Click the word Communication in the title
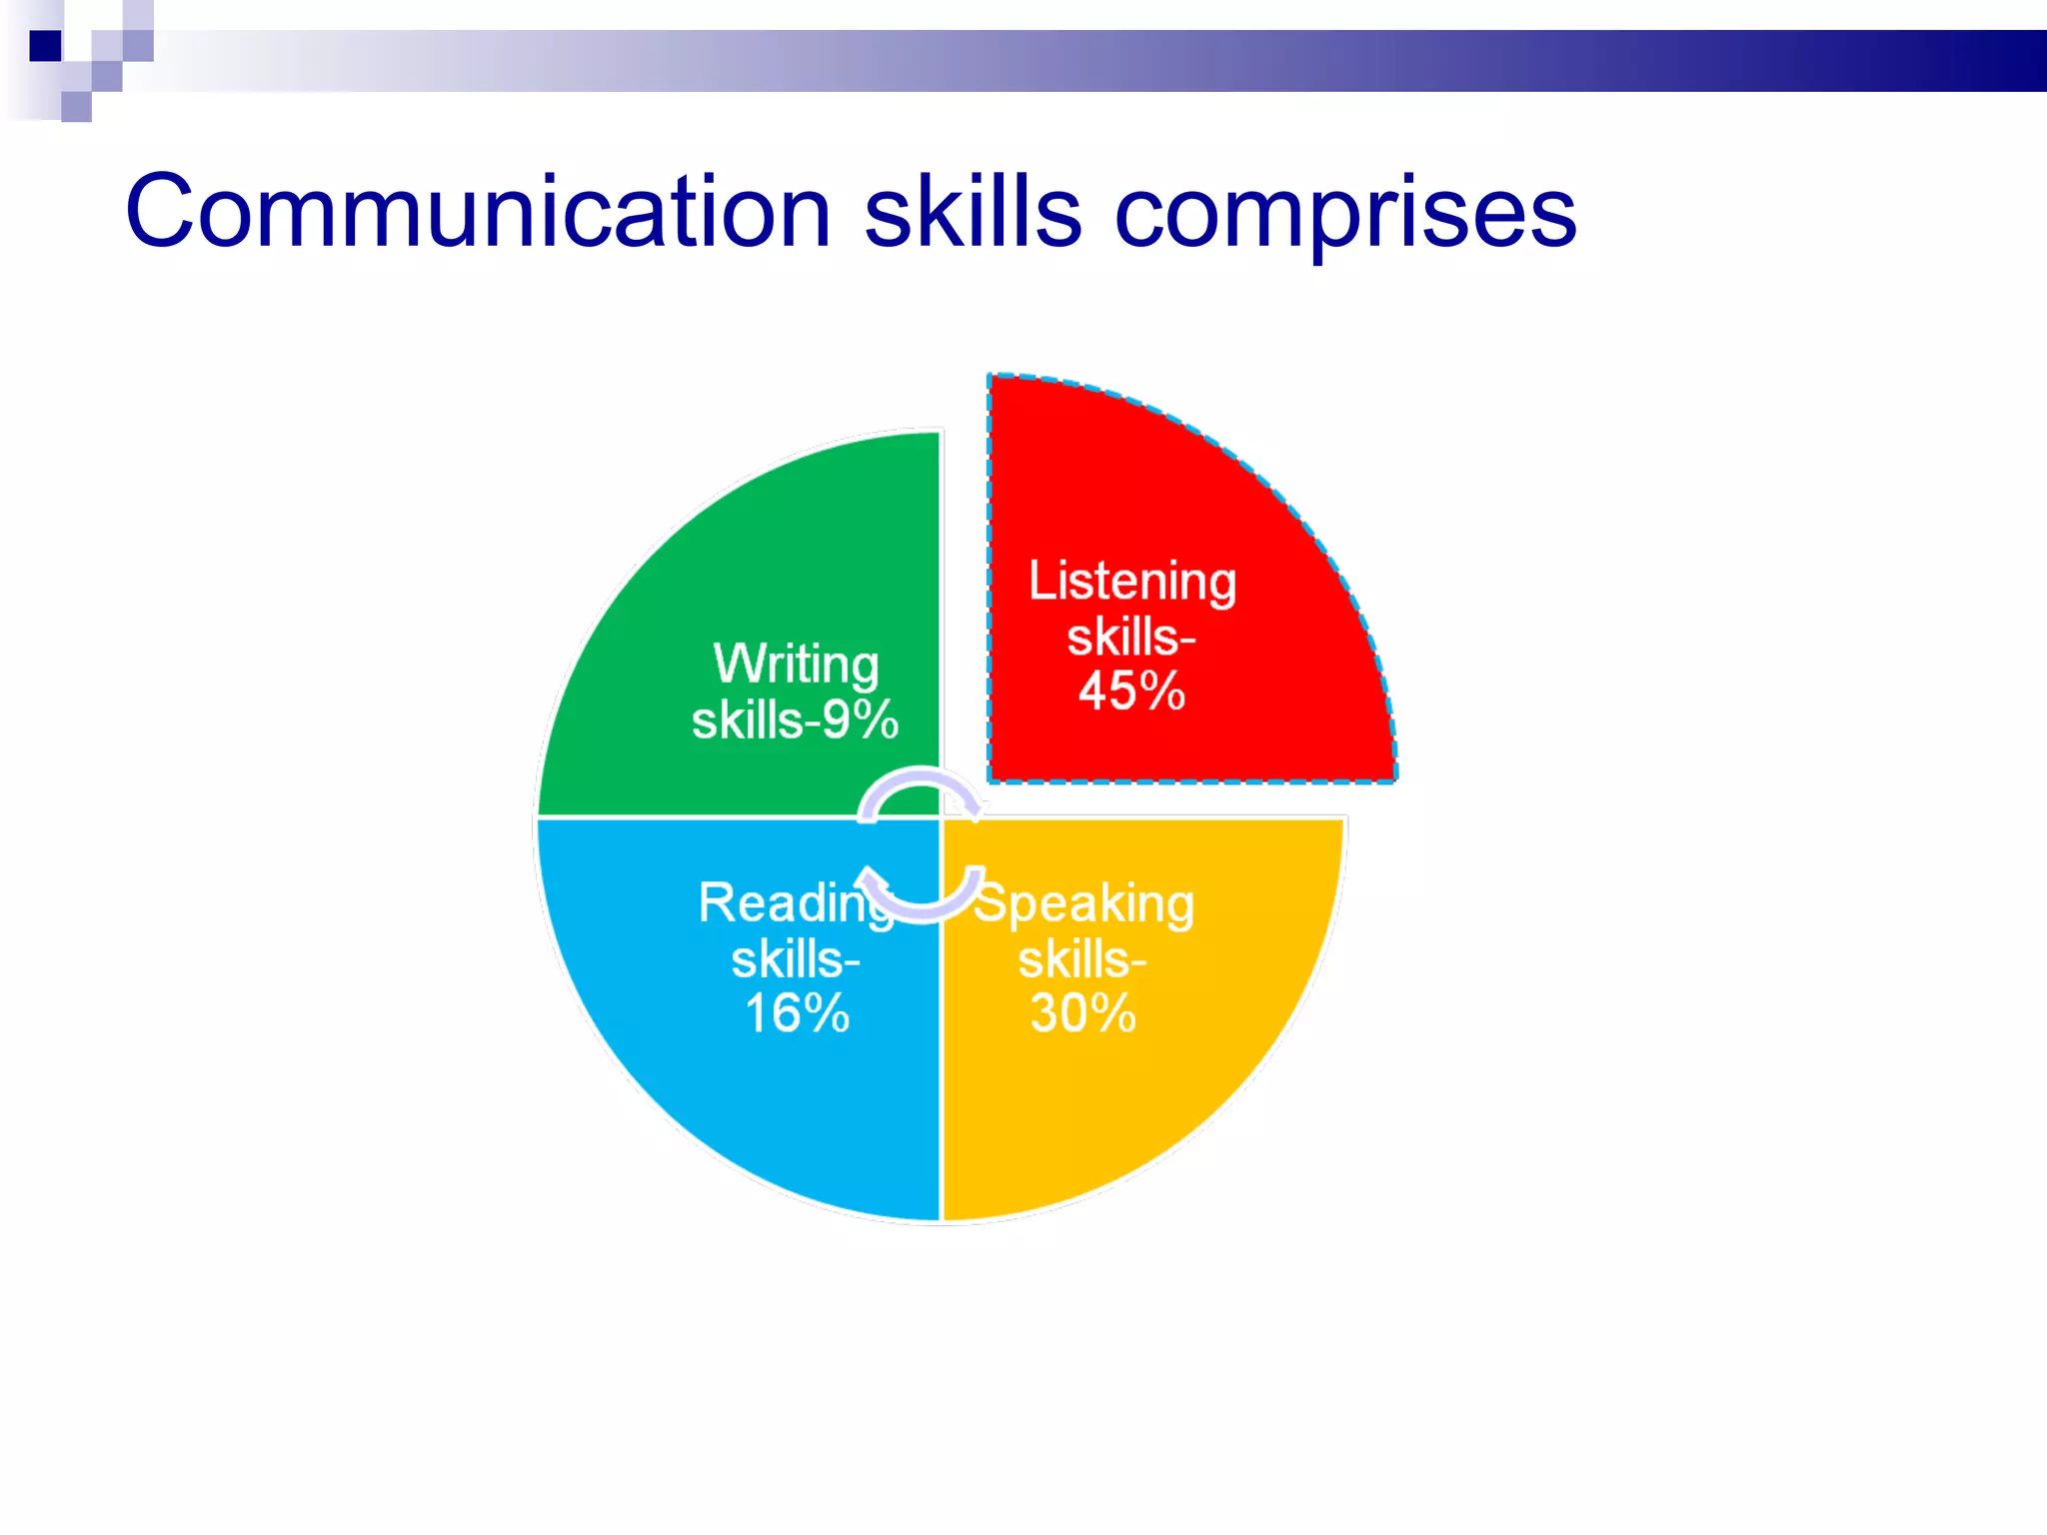pyautogui.click(x=478, y=212)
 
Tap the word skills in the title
pyautogui.click(x=972, y=212)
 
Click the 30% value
pyautogui.click(x=1083, y=1013)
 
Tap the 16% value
pyautogui.click(x=797, y=1013)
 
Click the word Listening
pyautogui.click(x=1132, y=583)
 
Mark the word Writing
pyautogui.click(x=796, y=665)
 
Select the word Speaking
pyautogui.click(x=1085, y=904)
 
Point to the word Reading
pyautogui.click(x=790, y=904)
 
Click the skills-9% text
pyautogui.click(x=795, y=721)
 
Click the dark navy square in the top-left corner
pyautogui.click(x=45, y=46)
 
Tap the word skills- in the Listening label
pyautogui.click(x=1130, y=638)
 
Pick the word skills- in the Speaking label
pyautogui.click(x=1081, y=960)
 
